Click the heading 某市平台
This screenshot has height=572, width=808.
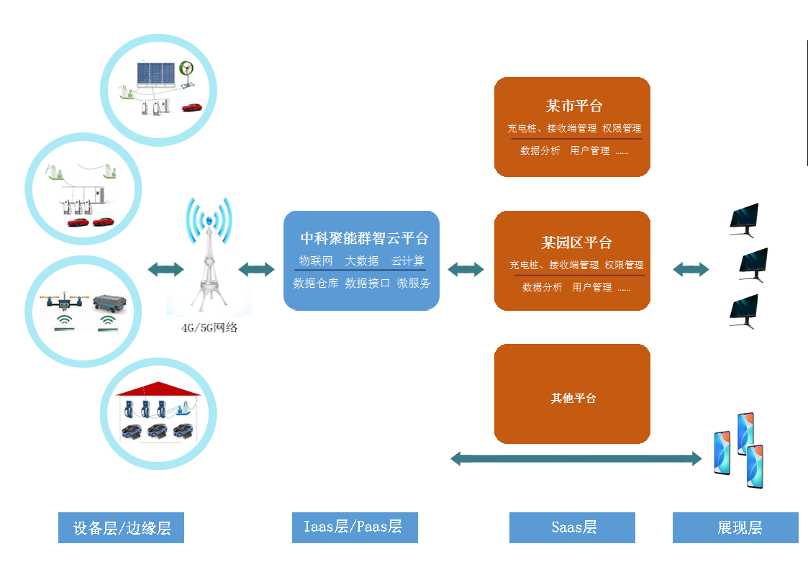(x=573, y=106)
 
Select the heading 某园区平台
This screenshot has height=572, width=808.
(x=576, y=242)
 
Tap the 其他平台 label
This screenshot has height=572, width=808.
(x=573, y=398)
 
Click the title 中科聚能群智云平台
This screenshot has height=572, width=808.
(x=364, y=238)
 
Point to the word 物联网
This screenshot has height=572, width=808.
(x=316, y=260)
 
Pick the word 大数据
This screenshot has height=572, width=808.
(x=362, y=260)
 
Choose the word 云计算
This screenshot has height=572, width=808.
(x=408, y=260)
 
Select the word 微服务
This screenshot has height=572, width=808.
(x=414, y=283)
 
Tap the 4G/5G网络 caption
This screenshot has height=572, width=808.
(x=209, y=328)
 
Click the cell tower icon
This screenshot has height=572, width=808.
(x=209, y=259)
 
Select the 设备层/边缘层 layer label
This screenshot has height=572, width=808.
(x=121, y=528)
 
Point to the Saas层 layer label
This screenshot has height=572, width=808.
(x=573, y=527)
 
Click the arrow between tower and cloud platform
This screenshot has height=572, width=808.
(x=256, y=270)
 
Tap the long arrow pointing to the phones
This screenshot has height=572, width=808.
(x=576, y=458)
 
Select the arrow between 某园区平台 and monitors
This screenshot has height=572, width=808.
(x=691, y=269)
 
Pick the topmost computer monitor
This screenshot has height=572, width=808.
(x=744, y=218)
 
